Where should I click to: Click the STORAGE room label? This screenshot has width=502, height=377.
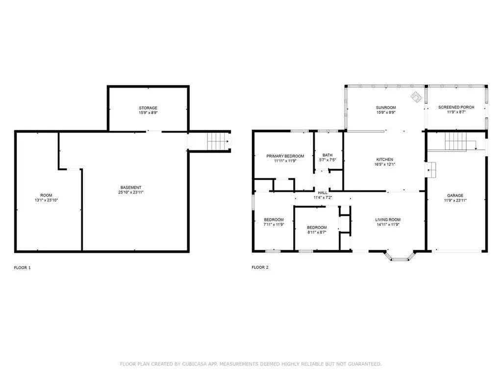point(148,108)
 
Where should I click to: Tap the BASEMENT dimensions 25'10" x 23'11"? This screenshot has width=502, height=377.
point(131,192)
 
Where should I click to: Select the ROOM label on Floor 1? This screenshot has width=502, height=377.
point(46,195)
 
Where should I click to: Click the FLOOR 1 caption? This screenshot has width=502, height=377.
point(23,268)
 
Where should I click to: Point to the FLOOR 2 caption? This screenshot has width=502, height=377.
point(260,268)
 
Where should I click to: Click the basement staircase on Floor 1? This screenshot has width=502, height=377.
point(218,141)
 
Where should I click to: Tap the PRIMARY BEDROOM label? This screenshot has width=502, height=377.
point(285,156)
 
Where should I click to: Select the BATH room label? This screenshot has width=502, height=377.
point(327,155)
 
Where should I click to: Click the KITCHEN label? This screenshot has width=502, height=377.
point(385,160)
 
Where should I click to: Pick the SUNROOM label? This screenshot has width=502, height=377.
point(386,108)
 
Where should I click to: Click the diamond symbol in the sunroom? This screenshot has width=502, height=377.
point(416,97)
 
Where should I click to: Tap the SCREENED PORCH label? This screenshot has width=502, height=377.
point(456,108)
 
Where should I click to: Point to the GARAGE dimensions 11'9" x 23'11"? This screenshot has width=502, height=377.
point(455,200)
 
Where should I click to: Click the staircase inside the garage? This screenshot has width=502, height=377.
point(456,142)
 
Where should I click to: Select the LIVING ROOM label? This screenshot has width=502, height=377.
point(388,219)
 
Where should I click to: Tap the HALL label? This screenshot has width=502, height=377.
point(323,192)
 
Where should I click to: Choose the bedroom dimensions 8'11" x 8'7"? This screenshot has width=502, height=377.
point(317,232)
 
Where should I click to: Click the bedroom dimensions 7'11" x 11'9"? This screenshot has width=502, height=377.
point(274,225)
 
